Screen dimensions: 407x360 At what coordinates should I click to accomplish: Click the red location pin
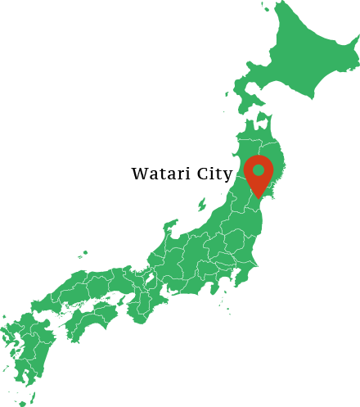point(259,174)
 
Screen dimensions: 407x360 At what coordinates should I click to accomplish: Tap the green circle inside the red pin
point(259,170)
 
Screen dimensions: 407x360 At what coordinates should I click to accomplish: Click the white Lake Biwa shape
point(151,278)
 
